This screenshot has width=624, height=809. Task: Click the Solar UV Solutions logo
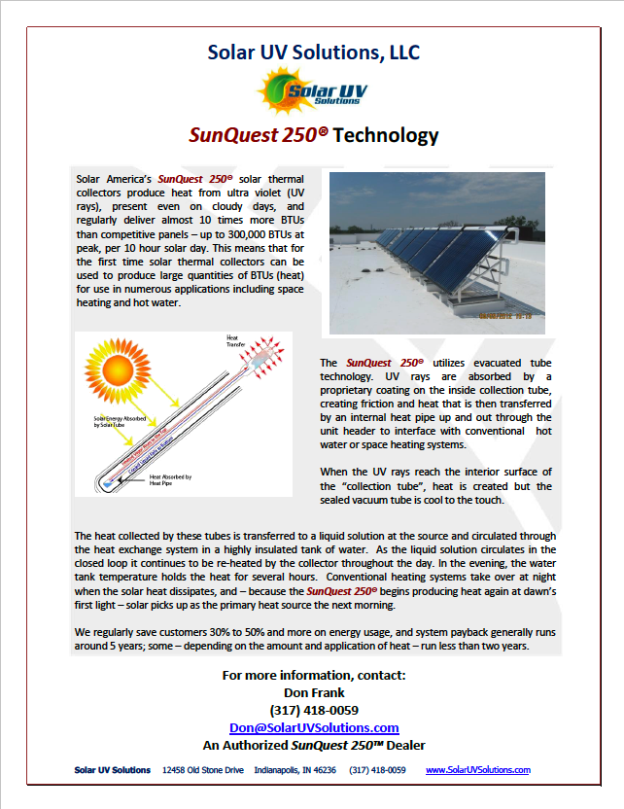[313, 92]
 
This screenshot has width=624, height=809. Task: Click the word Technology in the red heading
[386, 135]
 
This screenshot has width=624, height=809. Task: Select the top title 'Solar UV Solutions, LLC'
[313, 52]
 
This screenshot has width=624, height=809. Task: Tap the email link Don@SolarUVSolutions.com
[314, 727]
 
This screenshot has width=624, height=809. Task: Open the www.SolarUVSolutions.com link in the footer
[478, 770]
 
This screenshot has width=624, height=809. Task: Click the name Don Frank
[314, 692]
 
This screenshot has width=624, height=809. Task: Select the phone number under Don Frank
[314, 710]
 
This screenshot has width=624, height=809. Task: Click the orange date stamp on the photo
[508, 314]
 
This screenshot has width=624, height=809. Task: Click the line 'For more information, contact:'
[314, 675]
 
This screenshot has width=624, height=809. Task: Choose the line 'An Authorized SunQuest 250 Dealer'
[314, 745]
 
